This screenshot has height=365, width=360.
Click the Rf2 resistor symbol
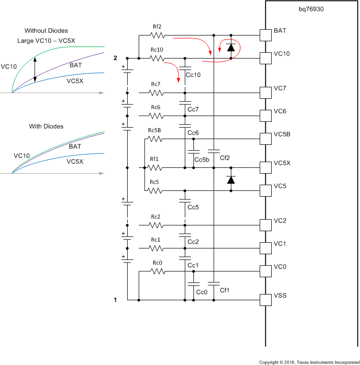point(157,35)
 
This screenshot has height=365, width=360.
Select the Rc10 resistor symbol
point(157,59)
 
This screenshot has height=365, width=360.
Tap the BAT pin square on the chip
point(265,35)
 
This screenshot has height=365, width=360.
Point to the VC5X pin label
point(282,163)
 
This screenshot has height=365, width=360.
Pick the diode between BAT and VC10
point(231,47)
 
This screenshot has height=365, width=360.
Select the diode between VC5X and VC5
point(231,179)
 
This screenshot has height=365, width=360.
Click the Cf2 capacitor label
point(225,157)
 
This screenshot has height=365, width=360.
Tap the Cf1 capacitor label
point(225,290)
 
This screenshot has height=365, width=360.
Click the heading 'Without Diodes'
point(46,31)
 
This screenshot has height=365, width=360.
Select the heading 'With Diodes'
point(46,127)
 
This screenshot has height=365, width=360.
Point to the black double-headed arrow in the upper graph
point(35,69)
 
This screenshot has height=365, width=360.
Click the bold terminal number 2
point(115,58)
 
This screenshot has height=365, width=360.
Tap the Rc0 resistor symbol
point(157,271)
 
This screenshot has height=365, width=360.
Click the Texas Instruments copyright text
point(309,362)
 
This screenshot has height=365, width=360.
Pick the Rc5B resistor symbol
point(156,139)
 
